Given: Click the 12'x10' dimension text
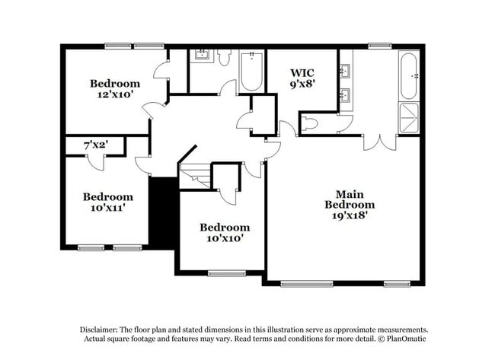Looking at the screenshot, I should tap(115, 95).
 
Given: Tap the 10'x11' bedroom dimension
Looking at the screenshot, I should tap(108, 207).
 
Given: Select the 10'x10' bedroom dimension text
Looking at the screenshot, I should tap(225, 238).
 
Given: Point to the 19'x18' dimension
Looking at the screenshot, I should tap(350, 215).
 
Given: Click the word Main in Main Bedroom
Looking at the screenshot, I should tap(350, 193).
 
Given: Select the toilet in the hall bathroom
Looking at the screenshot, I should tap(225, 58).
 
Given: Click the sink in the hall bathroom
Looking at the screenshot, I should tap(203, 55).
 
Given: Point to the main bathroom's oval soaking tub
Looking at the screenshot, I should tap(409, 75).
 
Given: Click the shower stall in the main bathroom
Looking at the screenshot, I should tap(409, 118).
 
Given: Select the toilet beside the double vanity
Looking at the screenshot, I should tap(312, 123).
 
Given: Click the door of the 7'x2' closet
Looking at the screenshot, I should tap(95, 161).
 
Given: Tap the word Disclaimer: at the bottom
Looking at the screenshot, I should tap(102, 329).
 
